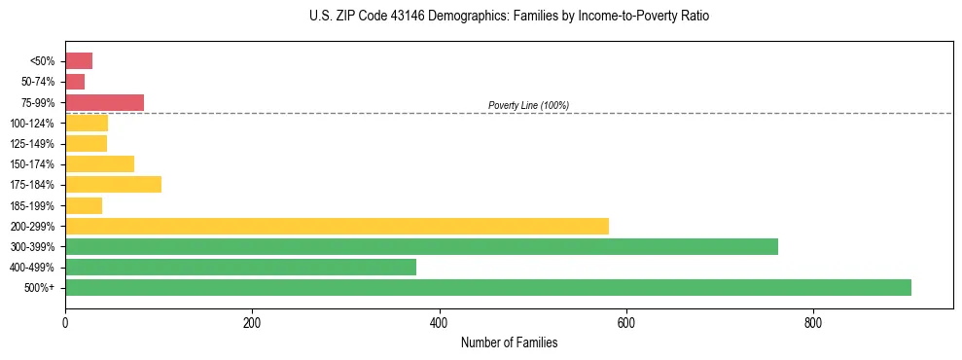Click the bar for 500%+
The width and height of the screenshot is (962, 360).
pos(487,287)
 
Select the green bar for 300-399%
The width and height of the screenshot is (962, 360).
pos(421,246)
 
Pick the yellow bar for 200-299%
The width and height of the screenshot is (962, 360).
pos(337,226)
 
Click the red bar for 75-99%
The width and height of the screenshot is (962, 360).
pos(104,102)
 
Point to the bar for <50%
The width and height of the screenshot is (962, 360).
pos(79,61)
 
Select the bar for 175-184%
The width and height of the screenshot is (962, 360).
pos(113,185)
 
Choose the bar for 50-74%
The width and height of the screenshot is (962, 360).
pos(75,82)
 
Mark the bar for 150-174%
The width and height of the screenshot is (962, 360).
pos(99,164)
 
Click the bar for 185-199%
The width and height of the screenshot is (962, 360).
pos(84,205)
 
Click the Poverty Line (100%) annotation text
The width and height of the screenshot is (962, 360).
pos(528,105)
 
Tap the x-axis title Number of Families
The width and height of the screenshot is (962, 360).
pos(509,343)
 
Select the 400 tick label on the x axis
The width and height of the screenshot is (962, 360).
pos(439,322)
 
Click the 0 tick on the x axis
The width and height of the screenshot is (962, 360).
pos(65,322)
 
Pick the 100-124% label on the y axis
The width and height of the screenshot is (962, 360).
pos(32,124)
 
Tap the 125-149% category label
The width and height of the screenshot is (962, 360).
pos(32,144)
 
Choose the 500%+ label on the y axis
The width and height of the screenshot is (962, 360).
pos(40,288)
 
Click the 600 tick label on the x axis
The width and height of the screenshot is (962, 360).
pos(625,322)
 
